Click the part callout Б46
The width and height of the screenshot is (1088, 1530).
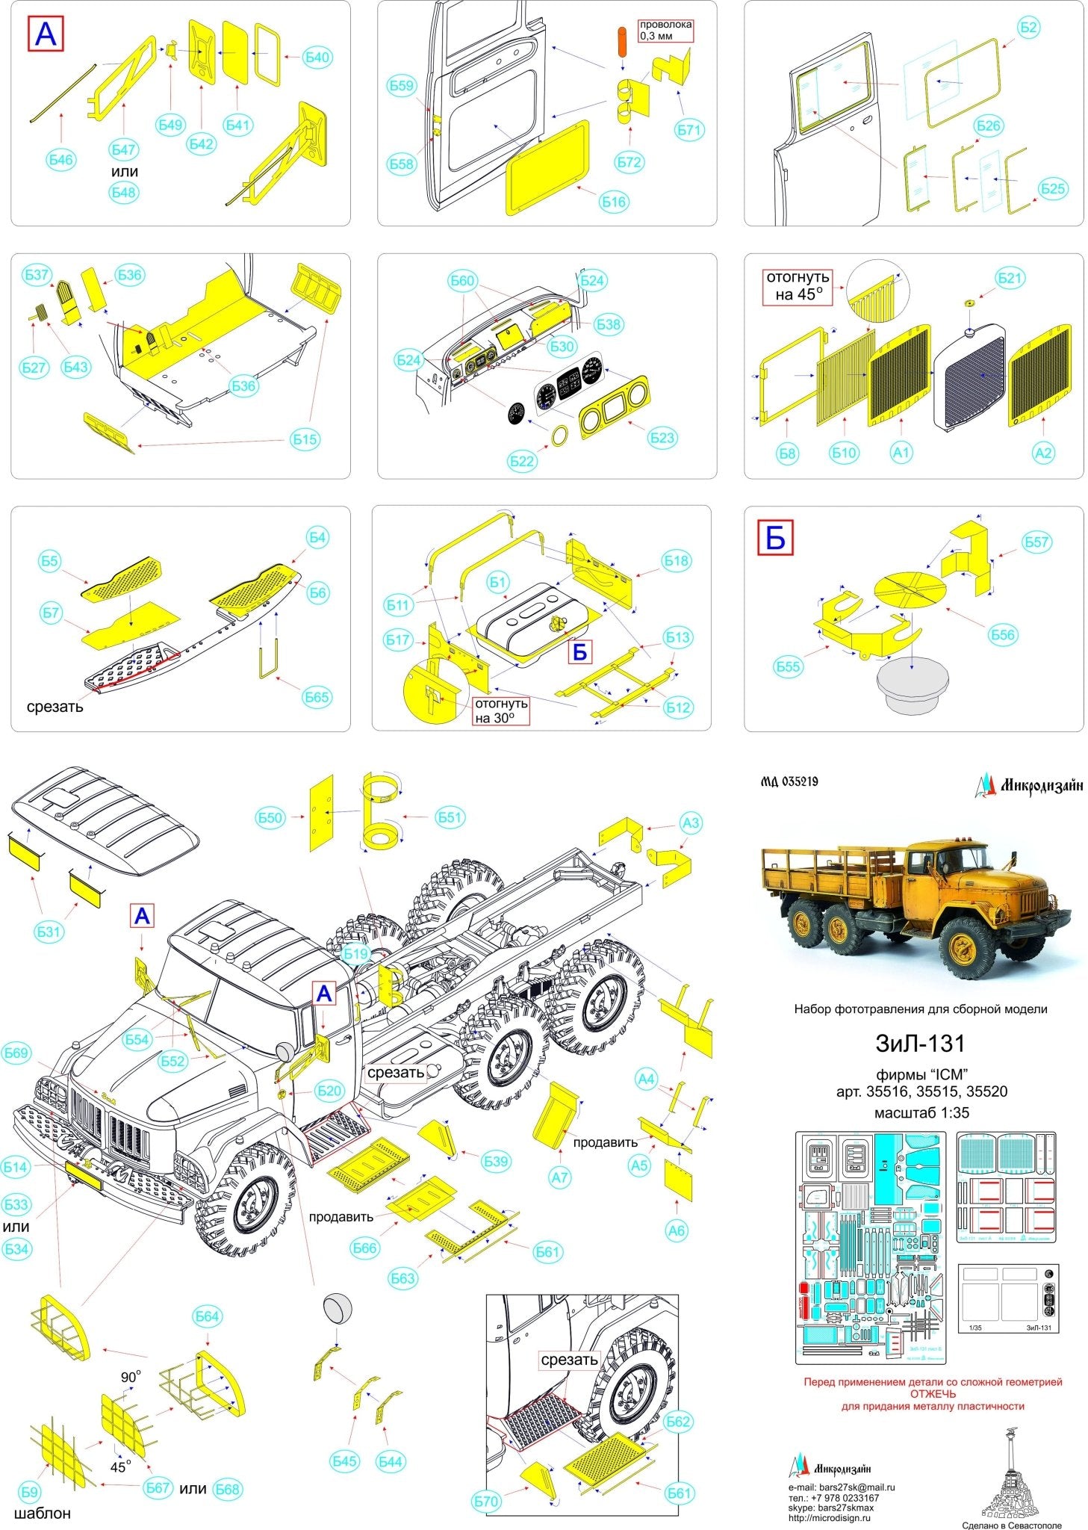tap(61, 159)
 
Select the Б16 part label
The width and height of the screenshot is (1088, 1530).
tap(613, 201)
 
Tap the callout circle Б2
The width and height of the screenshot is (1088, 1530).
tap(1029, 28)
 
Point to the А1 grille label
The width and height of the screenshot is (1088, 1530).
tap(901, 452)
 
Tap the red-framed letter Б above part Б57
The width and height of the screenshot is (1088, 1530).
tap(775, 537)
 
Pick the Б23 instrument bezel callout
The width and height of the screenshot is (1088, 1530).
tap(662, 438)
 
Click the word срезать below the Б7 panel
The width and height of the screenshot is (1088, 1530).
tap(55, 706)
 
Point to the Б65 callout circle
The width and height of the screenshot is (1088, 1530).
tap(317, 696)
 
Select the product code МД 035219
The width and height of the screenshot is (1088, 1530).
tap(789, 782)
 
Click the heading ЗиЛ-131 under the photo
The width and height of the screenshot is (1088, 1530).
tap(920, 1044)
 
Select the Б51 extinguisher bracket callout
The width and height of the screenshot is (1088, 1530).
tap(450, 817)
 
